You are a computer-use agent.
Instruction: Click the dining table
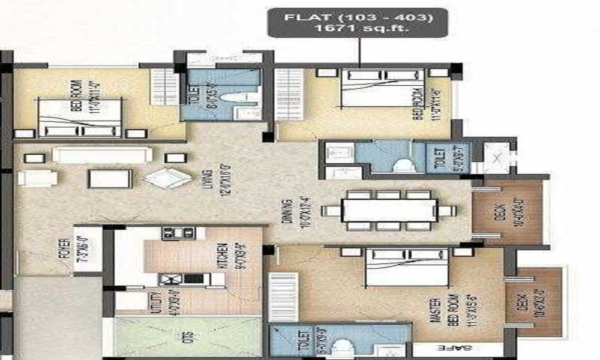(x=389, y=210)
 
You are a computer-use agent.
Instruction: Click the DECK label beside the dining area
(x=499, y=210)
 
